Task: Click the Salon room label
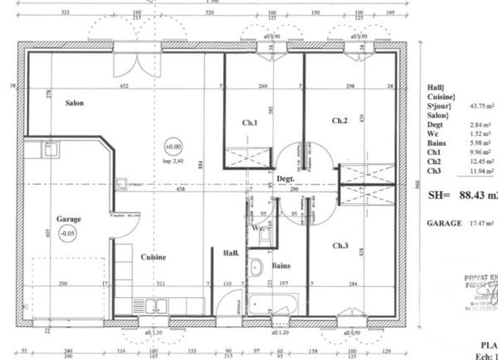point(75,103)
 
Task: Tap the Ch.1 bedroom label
point(250,124)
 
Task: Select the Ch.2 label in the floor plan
point(339,121)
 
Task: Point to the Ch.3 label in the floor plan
point(340,246)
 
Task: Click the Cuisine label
point(153,257)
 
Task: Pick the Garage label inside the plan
point(69,219)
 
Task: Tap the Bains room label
point(280,265)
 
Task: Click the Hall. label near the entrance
point(232,253)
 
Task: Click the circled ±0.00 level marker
point(173,146)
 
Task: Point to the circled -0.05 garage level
point(70,234)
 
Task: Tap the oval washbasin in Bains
point(256,267)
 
